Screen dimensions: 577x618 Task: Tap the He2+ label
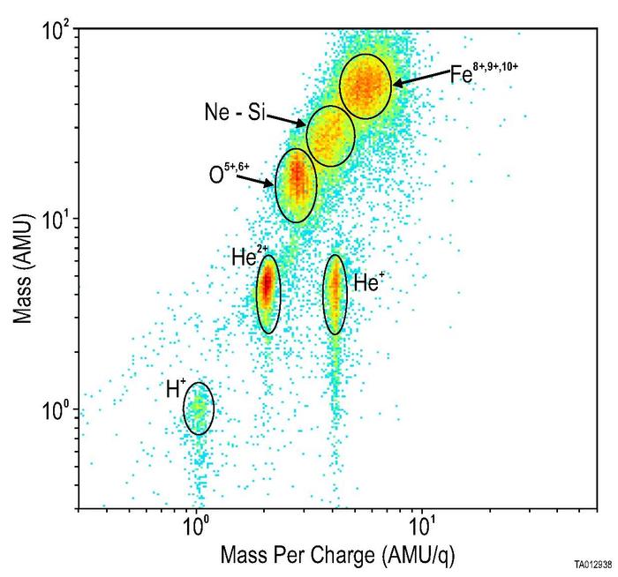pos(245,258)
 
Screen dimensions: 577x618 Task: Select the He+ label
pos(367,282)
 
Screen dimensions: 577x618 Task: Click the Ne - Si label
pos(229,113)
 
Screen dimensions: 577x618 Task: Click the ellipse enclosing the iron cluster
pos(365,85)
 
